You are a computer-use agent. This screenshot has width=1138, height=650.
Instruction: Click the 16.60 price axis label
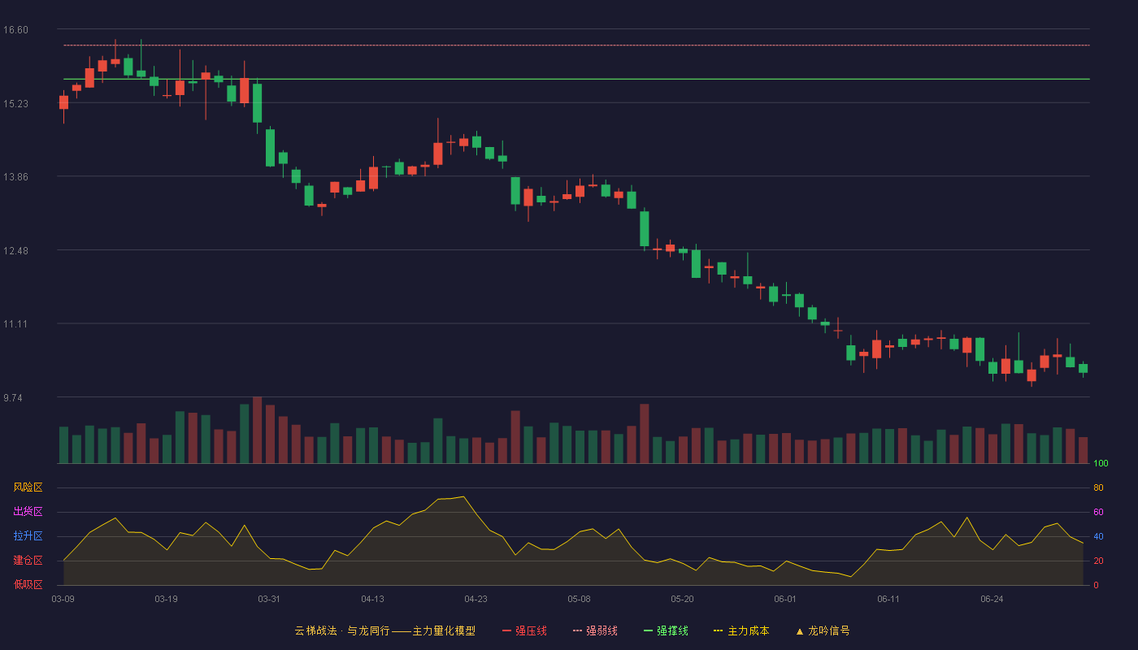pyautogui.click(x=15, y=30)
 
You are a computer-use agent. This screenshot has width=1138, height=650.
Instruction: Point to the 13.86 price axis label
pyautogui.click(x=15, y=177)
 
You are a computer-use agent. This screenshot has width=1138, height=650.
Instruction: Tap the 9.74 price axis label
pyautogui.click(x=13, y=398)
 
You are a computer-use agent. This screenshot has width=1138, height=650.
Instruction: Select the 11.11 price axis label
pyautogui.click(x=15, y=324)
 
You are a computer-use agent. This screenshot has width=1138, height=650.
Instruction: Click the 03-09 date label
pyautogui.click(x=63, y=600)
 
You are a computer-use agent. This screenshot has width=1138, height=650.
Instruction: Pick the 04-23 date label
pyautogui.click(x=476, y=600)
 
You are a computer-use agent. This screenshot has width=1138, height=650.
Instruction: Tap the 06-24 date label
pyautogui.click(x=992, y=600)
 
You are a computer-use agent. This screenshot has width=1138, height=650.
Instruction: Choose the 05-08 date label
pyautogui.click(x=579, y=600)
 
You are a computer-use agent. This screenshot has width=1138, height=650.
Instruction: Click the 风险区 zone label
pyautogui.click(x=28, y=487)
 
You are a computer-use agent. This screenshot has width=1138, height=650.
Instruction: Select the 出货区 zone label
pyautogui.click(x=28, y=511)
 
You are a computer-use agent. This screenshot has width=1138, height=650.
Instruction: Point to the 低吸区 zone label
pyautogui.click(x=28, y=585)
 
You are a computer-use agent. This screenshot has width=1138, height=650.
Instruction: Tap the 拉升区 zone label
pyautogui.click(x=28, y=535)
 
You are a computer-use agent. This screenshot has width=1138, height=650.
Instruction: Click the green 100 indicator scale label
pyautogui.click(x=1101, y=463)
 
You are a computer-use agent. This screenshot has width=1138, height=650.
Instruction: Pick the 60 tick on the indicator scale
pyautogui.click(x=1098, y=512)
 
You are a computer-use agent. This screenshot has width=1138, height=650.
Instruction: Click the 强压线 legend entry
pyautogui.click(x=525, y=630)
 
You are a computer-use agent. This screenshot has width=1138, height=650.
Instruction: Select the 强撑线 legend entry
pyautogui.click(x=666, y=630)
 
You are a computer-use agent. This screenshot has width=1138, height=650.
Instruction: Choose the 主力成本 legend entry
pyautogui.click(x=741, y=630)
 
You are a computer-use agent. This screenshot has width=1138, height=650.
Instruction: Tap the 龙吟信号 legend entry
pyautogui.click(x=823, y=630)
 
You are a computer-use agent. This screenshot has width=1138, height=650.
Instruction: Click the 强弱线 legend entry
pyautogui.click(x=595, y=630)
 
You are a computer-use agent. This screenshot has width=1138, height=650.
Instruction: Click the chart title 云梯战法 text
pyautogui.click(x=316, y=630)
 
